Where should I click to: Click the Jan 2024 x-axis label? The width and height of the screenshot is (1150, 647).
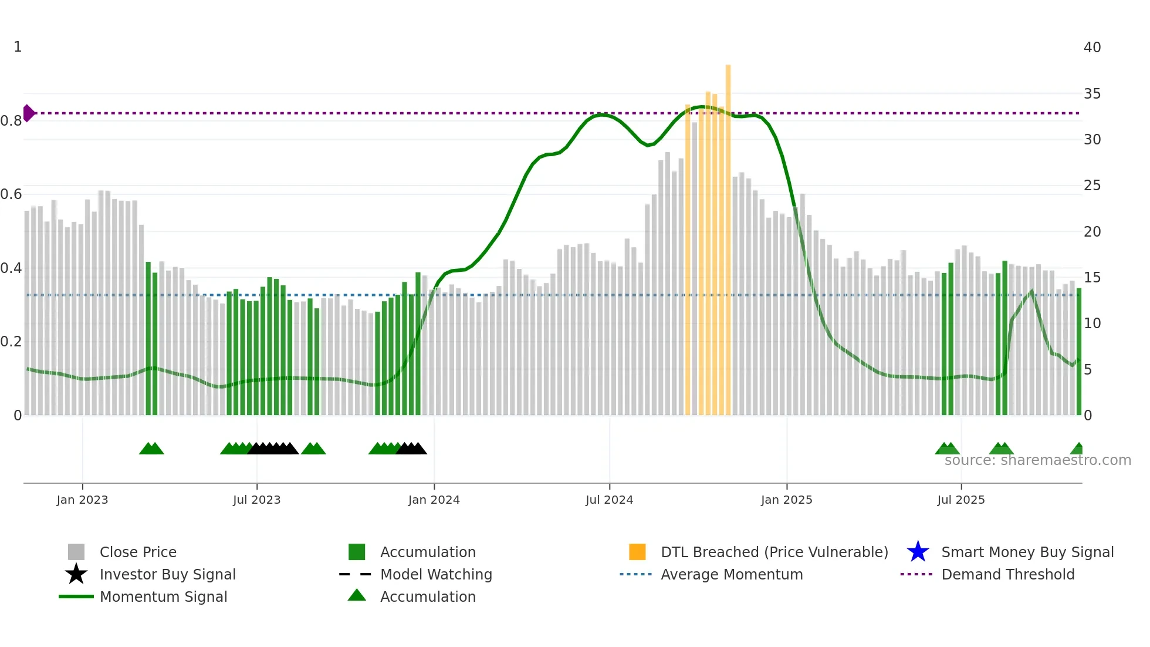click(434, 500)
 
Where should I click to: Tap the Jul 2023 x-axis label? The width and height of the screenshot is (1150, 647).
click(256, 500)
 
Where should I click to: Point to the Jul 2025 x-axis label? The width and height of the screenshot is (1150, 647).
click(960, 500)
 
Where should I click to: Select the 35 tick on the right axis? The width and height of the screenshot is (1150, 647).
click(1092, 94)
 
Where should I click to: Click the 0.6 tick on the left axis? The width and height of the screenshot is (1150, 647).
click(11, 194)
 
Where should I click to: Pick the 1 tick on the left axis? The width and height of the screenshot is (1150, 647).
click(18, 47)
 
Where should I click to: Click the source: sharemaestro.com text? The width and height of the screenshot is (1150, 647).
click(1037, 460)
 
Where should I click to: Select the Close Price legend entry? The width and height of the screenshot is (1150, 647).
click(137, 552)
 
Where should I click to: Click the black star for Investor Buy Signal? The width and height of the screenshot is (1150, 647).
click(76, 574)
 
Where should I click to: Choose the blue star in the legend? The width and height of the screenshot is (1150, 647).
click(918, 552)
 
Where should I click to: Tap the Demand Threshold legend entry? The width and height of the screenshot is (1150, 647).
click(1007, 574)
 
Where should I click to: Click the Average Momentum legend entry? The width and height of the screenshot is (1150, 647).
click(731, 574)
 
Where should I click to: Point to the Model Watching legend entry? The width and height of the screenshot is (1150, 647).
click(435, 574)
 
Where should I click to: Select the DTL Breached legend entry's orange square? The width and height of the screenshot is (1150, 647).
click(637, 552)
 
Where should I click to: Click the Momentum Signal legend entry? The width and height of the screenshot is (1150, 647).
click(163, 597)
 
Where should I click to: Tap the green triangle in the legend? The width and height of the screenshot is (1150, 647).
click(357, 596)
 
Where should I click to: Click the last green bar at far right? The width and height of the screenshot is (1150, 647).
click(1078, 352)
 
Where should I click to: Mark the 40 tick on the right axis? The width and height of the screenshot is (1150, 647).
click(1092, 48)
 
